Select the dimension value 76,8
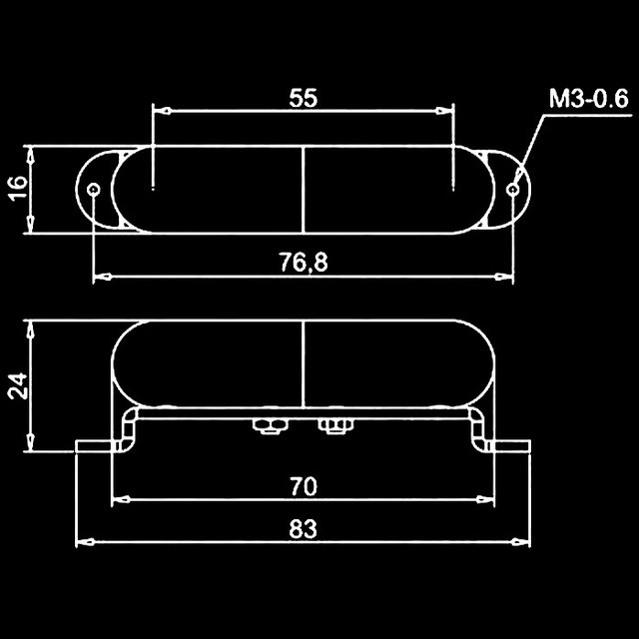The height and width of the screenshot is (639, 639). (x=304, y=262)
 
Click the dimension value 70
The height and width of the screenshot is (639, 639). (x=304, y=486)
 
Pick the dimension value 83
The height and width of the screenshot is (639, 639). (x=304, y=530)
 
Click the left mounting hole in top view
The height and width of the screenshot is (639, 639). (x=93, y=189)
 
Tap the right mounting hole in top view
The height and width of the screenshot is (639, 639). (x=514, y=189)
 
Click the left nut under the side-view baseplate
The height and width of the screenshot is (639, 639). (x=266, y=427)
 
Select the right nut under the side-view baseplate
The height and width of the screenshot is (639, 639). (x=332, y=427)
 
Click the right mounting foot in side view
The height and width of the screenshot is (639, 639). (x=509, y=446)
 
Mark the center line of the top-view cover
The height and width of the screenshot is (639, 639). (x=303, y=189)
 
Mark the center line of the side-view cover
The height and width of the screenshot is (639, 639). (x=303, y=364)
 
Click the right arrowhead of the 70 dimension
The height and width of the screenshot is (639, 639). (x=488, y=498)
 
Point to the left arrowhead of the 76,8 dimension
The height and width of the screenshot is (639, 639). (x=100, y=276)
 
